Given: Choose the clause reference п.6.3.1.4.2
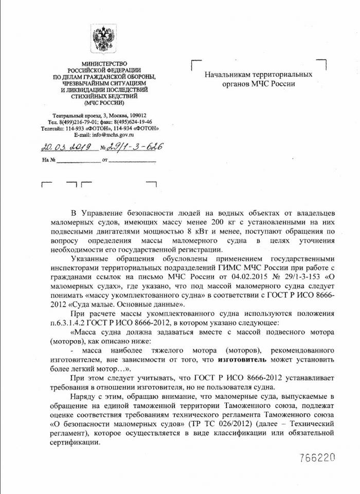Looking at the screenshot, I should (x=70, y=322).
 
